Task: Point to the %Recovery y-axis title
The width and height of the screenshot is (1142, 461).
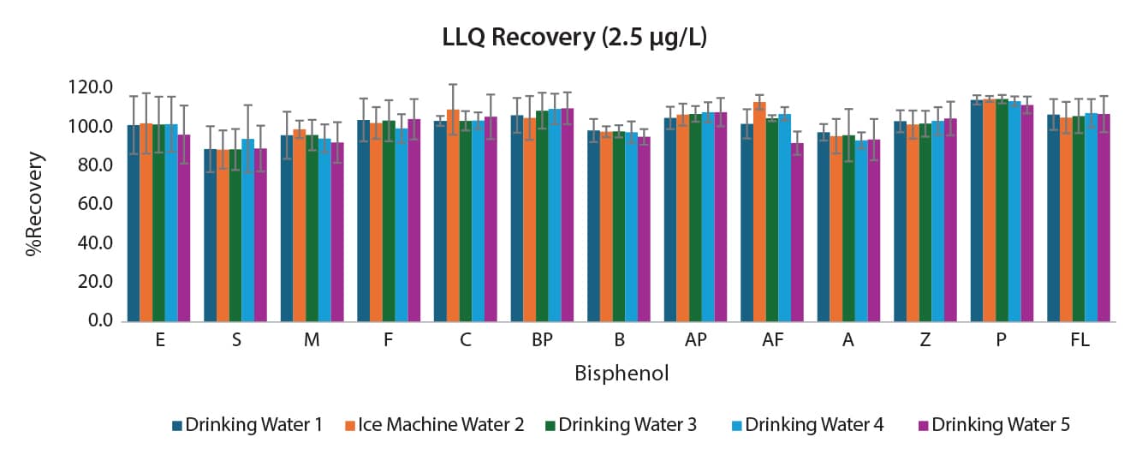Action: point(34,204)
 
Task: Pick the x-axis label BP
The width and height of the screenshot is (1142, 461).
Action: point(542,341)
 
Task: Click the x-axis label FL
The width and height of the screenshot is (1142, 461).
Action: point(1080,341)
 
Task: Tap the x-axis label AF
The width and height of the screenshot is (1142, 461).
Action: point(772,341)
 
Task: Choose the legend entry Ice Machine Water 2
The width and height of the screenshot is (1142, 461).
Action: point(441,424)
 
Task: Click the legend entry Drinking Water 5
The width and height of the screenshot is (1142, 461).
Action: point(1001,424)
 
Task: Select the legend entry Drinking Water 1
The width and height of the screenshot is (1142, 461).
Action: point(254,424)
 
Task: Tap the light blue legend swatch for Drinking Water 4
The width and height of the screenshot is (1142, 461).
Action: point(737,425)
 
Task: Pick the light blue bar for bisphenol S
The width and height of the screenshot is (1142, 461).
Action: point(248,230)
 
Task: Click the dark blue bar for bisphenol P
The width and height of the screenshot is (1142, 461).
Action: point(977,211)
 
